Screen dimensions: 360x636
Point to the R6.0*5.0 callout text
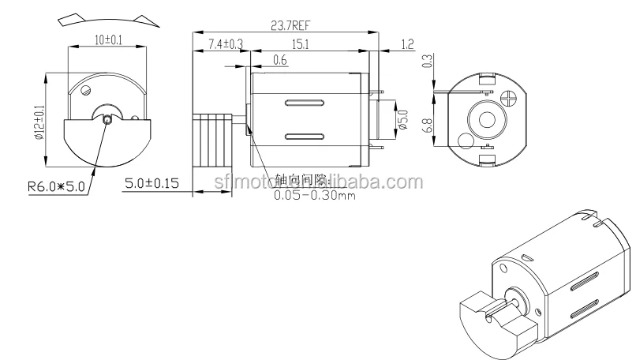[56, 187]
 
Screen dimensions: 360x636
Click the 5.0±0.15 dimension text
[152, 183]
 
